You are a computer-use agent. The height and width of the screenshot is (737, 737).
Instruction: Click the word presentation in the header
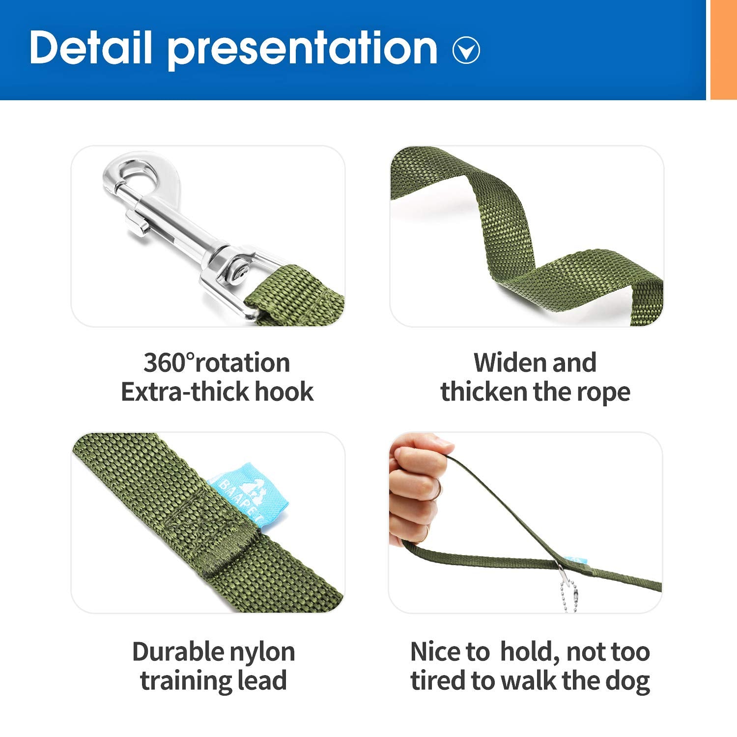pos(302,49)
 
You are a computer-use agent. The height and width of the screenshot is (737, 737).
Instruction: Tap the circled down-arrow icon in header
pos(466,50)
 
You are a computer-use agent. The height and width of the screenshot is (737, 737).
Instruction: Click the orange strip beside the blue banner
pos(723,49)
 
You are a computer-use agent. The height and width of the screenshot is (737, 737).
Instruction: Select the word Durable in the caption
pos(170,652)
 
